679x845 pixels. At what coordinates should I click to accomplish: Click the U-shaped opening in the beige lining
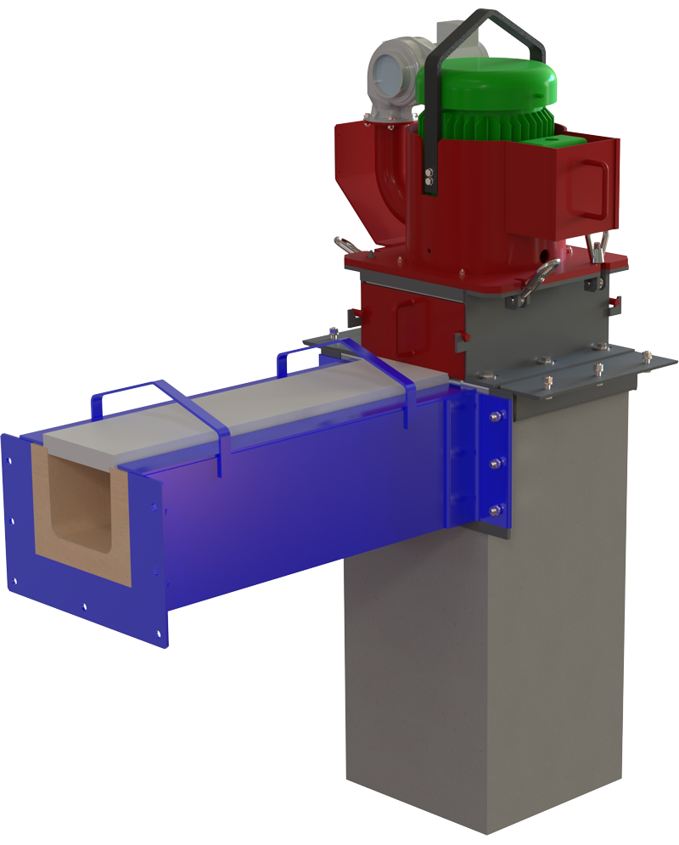click(x=81, y=510)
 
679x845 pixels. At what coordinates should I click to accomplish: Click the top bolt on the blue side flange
click(x=494, y=417)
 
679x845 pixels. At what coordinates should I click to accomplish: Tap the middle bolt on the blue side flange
click(x=495, y=464)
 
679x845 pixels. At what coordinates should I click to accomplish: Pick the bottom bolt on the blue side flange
click(x=495, y=510)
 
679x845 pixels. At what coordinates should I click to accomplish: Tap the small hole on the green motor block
click(x=560, y=136)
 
